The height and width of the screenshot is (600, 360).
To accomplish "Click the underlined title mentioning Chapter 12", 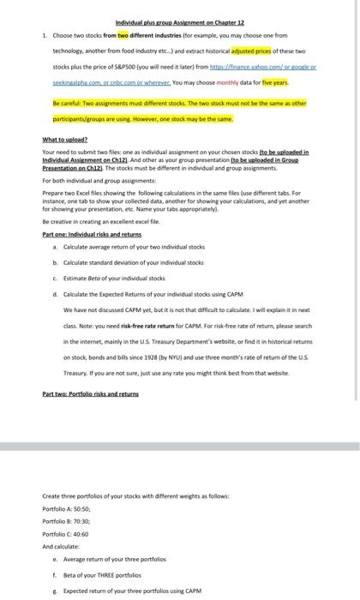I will (180, 22).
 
